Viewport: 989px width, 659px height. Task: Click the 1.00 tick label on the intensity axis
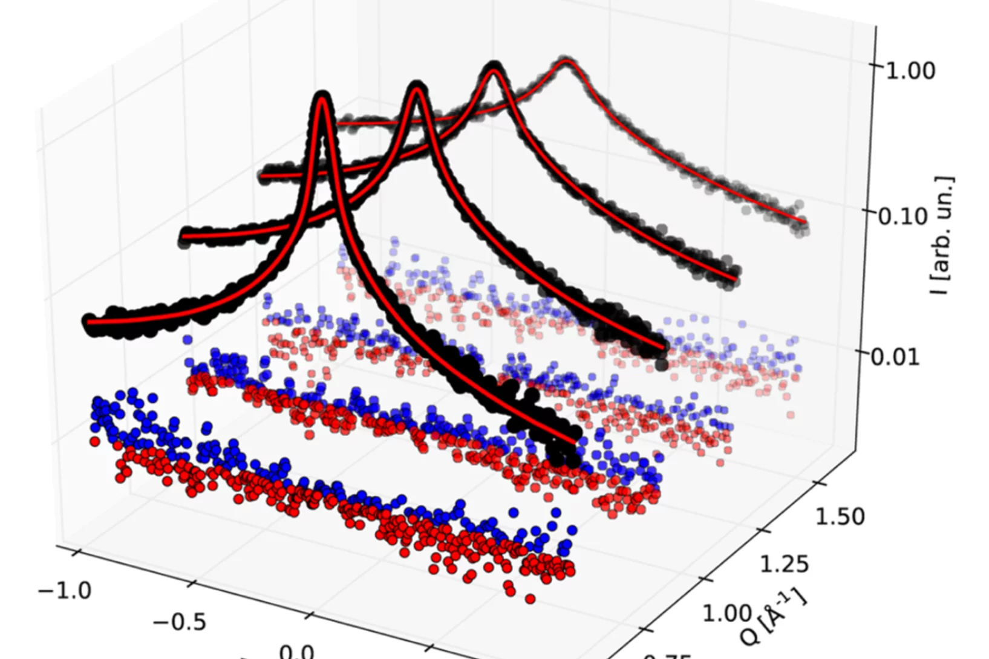[x=910, y=71]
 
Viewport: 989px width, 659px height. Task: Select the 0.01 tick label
[x=895, y=356]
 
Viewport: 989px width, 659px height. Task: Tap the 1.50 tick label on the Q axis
[x=840, y=517]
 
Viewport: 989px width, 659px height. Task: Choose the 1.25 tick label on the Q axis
[x=783, y=564]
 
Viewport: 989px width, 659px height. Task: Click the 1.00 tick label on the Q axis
[x=726, y=613]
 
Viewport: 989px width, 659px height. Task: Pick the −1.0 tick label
[x=65, y=590]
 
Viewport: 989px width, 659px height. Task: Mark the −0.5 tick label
[x=179, y=622]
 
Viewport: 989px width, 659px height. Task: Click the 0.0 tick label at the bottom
[x=296, y=652]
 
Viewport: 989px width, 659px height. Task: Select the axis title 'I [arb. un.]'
[x=941, y=236]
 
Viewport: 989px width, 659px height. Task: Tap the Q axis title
[x=774, y=618]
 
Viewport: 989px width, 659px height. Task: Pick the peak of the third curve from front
[x=494, y=67]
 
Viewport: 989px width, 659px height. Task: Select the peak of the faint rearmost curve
[x=566, y=60]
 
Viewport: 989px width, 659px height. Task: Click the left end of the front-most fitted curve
[x=90, y=322]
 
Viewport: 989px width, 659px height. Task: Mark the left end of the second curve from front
[x=184, y=236]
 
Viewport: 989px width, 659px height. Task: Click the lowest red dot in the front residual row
[x=530, y=599]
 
